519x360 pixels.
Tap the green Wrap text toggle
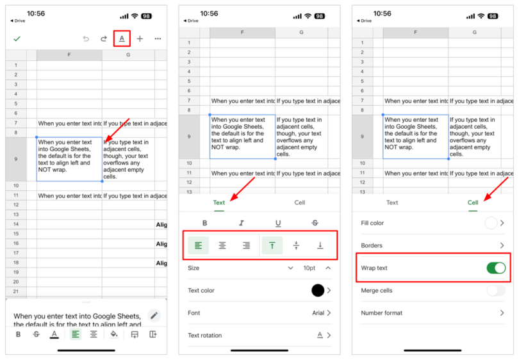pos(496,268)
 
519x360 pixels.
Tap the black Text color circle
pos(318,290)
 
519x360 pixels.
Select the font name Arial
pos(318,313)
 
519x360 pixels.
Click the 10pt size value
pos(309,268)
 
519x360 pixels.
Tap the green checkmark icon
pos(17,38)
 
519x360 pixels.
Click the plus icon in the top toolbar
pos(140,38)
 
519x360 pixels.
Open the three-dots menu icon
pos(158,38)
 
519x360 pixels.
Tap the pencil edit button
pos(154,315)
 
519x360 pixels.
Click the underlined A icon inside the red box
pos(122,38)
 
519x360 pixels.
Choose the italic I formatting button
pos(242,223)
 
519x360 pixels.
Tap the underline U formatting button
pos(278,223)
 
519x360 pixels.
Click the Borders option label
pos(372,245)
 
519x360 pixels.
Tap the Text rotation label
pos(204,336)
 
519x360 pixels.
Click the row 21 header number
pos(15,291)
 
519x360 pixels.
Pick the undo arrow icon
pos(86,38)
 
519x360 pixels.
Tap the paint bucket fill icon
pos(114,334)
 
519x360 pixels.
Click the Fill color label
pos(372,223)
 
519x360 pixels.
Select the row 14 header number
pos(15,224)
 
